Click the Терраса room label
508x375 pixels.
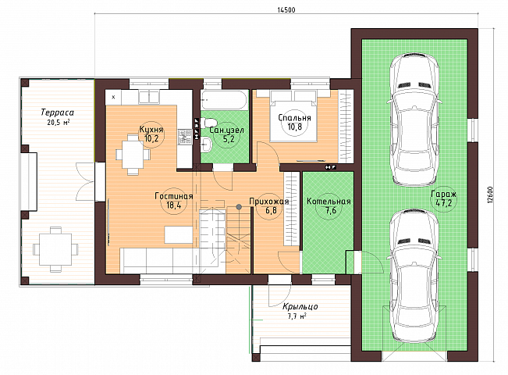pyautogui.click(x=57, y=112)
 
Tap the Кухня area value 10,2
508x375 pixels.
pyautogui.click(x=151, y=139)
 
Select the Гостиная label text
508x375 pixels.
pyautogui.click(x=174, y=196)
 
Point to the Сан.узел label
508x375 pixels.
pyautogui.click(x=226, y=130)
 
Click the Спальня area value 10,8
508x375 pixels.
pyautogui.click(x=294, y=127)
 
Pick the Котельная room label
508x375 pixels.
pyautogui.click(x=329, y=201)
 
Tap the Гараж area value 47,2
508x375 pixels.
pyautogui.click(x=443, y=203)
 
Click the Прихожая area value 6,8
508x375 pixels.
pyautogui.click(x=271, y=210)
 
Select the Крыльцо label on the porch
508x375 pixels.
pyautogui.click(x=300, y=306)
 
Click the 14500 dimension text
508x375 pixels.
pyautogui.click(x=286, y=10)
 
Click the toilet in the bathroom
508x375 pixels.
pyautogui.click(x=208, y=123)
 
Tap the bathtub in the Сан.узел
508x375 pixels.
pyautogui.click(x=224, y=100)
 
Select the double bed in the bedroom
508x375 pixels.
pyautogui.click(x=293, y=116)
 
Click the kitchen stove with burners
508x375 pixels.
pyautogui.click(x=185, y=137)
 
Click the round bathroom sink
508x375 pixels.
pyautogui.click(x=206, y=144)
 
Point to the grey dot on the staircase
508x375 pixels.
pyautogui.click(x=239, y=207)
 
